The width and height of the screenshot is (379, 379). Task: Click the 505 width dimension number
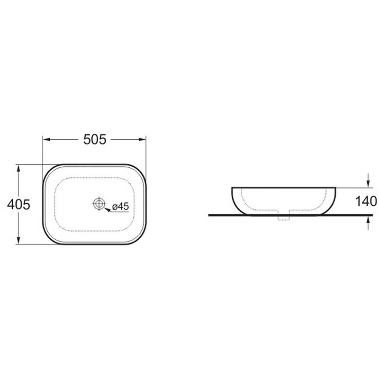[x=95, y=139]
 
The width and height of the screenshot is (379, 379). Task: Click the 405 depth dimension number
[x=18, y=205]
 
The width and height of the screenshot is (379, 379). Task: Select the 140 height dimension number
[x=366, y=201]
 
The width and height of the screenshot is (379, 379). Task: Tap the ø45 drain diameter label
[x=121, y=207]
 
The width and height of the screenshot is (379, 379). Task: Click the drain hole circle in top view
[x=99, y=204]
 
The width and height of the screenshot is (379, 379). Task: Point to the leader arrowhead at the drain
[x=108, y=209]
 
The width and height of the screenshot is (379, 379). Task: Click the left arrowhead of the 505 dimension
[x=46, y=139]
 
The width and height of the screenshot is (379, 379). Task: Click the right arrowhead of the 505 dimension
[x=143, y=139]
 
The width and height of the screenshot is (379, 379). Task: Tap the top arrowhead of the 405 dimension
[x=18, y=168]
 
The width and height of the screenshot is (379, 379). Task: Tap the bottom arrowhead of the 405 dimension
[x=18, y=241]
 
